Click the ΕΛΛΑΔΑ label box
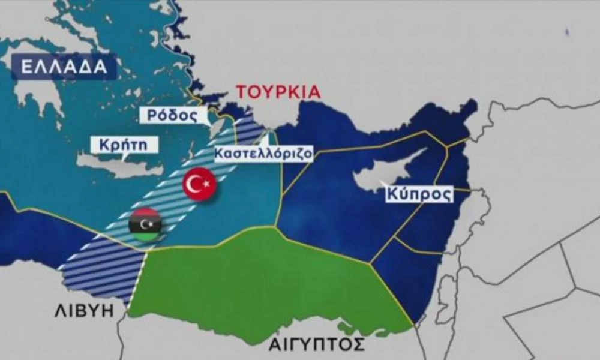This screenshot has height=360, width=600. [x=64, y=67]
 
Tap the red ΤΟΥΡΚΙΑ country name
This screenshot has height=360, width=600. [x=278, y=92]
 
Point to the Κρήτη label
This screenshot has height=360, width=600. [x=124, y=145]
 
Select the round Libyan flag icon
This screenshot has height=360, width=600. [x=145, y=225]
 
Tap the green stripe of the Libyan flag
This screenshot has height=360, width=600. [x=145, y=236]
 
